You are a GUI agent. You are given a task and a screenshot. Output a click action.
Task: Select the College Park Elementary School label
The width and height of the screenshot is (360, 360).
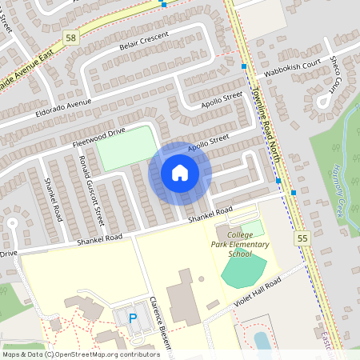(x=249, y=249)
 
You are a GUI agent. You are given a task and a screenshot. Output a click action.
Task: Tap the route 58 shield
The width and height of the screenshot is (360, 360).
(x=70, y=38)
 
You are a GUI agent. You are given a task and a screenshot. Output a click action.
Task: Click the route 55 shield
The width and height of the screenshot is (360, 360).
(x=302, y=238)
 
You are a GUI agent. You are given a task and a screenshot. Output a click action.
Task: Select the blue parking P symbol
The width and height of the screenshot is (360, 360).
(x=133, y=318)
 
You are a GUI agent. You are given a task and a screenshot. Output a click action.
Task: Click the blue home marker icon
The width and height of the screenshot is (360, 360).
(x=180, y=173)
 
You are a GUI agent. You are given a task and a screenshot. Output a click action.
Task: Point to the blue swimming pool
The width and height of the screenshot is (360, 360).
(x=262, y=340)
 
